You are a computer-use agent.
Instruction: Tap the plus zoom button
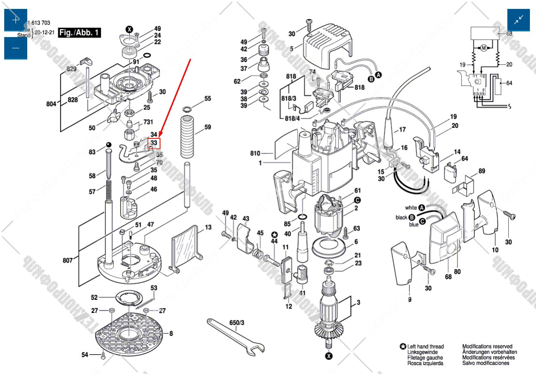click(x=15, y=20)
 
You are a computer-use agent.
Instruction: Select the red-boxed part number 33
click(x=154, y=143)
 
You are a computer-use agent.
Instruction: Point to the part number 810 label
click(x=255, y=153)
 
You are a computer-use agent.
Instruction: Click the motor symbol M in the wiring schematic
click(x=483, y=48)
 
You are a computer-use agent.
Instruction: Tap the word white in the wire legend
click(x=411, y=207)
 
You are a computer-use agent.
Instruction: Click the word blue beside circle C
click(x=413, y=225)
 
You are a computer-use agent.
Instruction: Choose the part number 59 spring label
click(x=207, y=127)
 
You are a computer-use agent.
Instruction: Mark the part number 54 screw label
click(x=84, y=354)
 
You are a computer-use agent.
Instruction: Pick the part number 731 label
click(x=148, y=122)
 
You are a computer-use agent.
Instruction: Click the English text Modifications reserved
click(x=487, y=346)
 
